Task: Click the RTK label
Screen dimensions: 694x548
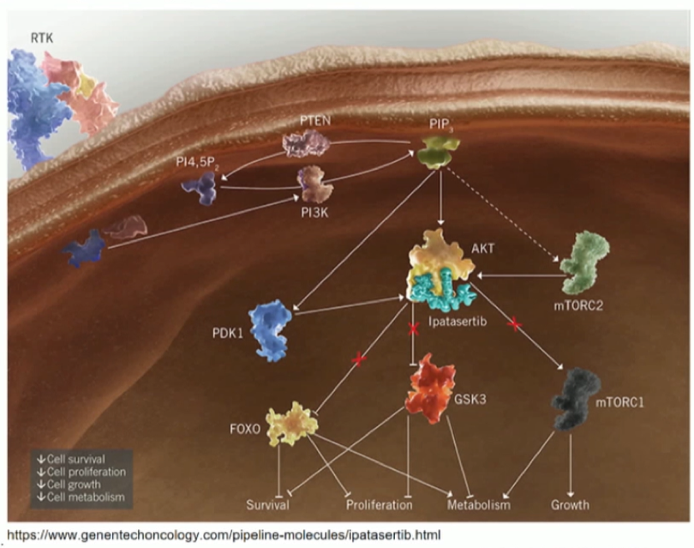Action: point(42,38)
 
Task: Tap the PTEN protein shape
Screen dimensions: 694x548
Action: point(306,143)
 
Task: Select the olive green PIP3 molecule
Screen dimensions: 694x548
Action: point(439,152)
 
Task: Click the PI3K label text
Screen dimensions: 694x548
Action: point(314,213)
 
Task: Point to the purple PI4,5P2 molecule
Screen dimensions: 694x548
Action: point(200,188)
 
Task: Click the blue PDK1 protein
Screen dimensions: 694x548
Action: point(270,330)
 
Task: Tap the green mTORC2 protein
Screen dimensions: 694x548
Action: point(584,262)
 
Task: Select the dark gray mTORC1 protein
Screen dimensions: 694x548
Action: point(576,399)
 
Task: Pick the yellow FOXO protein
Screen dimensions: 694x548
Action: point(291,424)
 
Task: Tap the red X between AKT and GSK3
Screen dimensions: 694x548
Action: point(413,328)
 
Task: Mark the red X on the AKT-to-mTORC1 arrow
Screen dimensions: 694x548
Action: point(514,324)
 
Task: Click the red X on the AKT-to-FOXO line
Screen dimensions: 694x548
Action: point(358,359)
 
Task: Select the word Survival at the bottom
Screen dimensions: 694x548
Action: point(268,505)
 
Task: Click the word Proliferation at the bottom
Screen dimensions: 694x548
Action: point(380,505)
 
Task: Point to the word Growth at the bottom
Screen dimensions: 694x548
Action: point(570,504)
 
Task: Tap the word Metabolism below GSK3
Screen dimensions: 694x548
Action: point(479,505)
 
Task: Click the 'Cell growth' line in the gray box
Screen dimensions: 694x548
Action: point(69,485)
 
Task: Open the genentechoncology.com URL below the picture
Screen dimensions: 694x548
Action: point(224,535)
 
